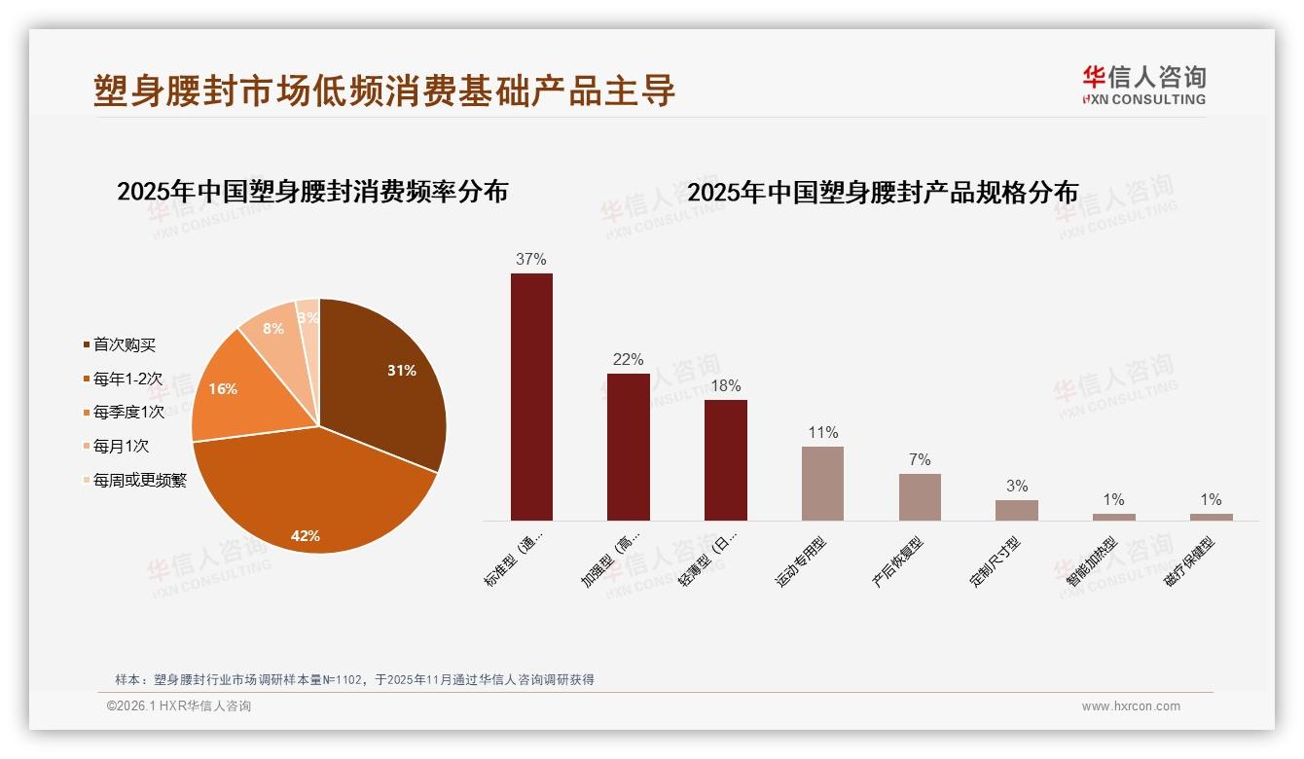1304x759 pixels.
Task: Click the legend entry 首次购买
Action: tap(124, 344)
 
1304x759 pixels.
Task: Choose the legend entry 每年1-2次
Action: tap(127, 379)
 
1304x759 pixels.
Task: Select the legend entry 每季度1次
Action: tap(128, 413)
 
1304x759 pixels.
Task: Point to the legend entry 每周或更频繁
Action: tap(139, 480)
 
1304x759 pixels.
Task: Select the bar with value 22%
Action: tap(628, 447)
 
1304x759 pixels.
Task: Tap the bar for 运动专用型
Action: tap(822, 484)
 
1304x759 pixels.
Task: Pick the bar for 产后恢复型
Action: tap(920, 497)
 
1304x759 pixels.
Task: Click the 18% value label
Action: tap(725, 385)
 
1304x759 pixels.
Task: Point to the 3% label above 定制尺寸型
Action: tap(1016, 487)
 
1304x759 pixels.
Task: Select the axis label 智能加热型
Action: tap(1092, 562)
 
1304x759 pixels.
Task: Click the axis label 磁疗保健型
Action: tap(1189, 562)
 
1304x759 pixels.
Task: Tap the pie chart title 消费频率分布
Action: tap(312, 192)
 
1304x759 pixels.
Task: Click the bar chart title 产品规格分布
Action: tap(883, 193)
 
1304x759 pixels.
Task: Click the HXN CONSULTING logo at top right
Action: tap(1143, 85)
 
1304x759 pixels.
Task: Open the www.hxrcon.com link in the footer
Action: tap(1131, 706)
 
